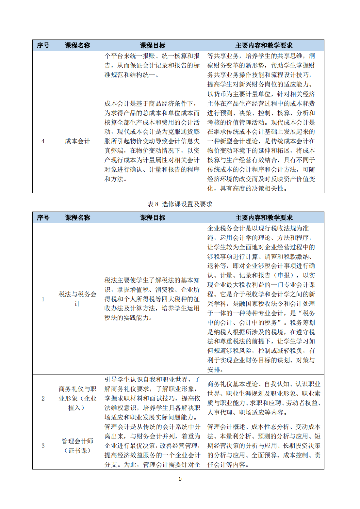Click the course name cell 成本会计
pos(77,141)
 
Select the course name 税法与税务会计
pos(77,299)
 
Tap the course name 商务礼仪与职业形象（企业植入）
pos(77,398)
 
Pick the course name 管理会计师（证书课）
pos(77,446)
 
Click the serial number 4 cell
pos(43,141)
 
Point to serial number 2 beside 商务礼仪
pos(43,398)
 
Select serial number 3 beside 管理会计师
pos(43,446)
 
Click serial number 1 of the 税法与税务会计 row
pos(43,299)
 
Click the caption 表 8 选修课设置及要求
pos(180,204)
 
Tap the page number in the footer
pos(180,479)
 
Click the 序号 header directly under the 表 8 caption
pos(43,217)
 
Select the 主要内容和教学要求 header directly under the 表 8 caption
pos(264,217)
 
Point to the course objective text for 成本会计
pos(152,141)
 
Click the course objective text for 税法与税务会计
pos(152,299)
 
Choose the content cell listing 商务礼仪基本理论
pos(264,398)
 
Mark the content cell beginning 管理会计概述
pos(264,446)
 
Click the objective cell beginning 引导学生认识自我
pos(152,398)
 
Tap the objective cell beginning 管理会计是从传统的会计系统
pos(152,446)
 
